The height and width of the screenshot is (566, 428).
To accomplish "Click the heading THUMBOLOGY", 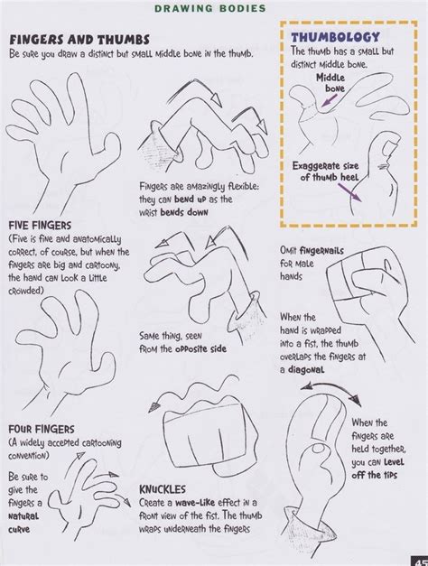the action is [336, 37].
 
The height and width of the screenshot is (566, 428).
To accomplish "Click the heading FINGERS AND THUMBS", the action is [79, 39].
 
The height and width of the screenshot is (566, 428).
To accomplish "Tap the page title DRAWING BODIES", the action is [210, 8].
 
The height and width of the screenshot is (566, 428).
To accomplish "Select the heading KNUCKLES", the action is [163, 489].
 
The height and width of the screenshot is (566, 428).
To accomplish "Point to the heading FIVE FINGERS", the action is [40, 226].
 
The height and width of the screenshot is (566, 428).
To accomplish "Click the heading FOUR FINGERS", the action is [42, 429].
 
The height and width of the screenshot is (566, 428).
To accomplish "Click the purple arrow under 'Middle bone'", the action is [329, 101].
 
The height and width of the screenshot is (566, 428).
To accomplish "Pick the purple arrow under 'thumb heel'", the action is [349, 192].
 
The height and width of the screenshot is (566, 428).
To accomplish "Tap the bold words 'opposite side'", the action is [200, 349].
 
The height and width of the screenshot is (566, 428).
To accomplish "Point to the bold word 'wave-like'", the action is [195, 503].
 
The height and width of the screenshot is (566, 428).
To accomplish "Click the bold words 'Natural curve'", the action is [23, 523].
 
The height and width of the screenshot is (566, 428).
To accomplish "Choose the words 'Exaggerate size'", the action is [325, 166].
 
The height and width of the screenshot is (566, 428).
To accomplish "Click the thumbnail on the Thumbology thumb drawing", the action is [386, 147].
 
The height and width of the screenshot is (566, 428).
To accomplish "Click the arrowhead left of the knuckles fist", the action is [154, 407].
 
